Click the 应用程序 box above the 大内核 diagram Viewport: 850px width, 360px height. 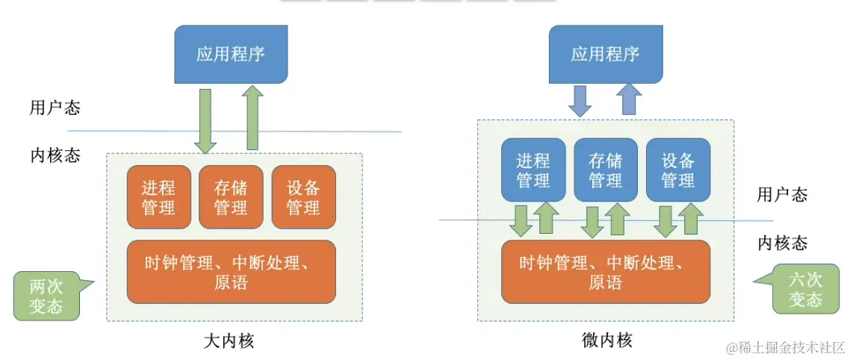click(231, 55)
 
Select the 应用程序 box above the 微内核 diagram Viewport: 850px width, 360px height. click(605, 55)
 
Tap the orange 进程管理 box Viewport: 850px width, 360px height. click(158, 197)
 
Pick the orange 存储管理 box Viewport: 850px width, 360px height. click(231, 197)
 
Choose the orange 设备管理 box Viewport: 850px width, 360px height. click(303, 197)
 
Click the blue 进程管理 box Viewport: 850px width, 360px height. click(533, 170)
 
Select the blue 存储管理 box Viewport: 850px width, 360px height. click(605, 170)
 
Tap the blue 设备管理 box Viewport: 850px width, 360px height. click(677, 170)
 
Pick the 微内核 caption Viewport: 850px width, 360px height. click(607, 341)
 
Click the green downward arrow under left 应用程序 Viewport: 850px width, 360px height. click(205, 120)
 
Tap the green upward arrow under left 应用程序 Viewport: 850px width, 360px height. click(252, 118)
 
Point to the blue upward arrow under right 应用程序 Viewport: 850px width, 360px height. click(629, 99)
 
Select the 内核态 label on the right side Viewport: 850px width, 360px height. click(782, 243)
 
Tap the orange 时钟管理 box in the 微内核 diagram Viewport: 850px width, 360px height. click(605, 272)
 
